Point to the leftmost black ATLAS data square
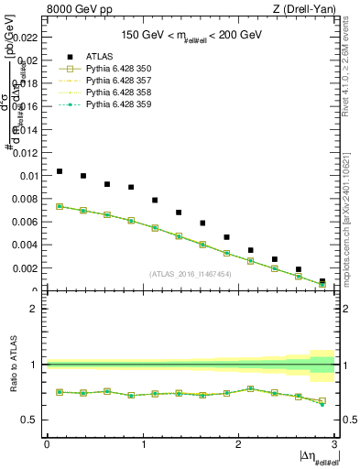[60, 171]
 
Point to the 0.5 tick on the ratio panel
[31, 420]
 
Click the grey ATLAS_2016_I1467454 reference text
[191, 274]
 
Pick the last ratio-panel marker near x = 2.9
[322, 401]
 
